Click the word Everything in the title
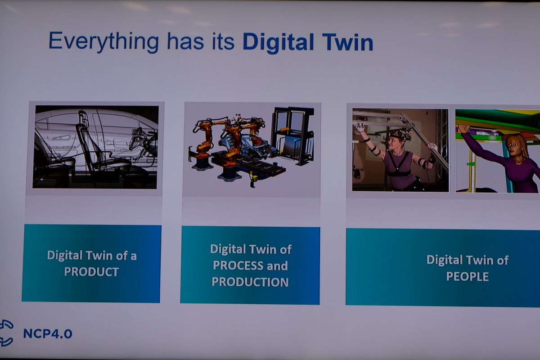104,42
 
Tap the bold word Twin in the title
347,42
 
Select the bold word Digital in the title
279,43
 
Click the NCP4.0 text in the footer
48,334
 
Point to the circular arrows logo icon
6,333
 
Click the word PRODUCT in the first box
91,272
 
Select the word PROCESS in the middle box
235,265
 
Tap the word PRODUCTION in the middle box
250,282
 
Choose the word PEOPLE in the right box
467,276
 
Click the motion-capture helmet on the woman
400,135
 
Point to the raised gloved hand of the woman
360,127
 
